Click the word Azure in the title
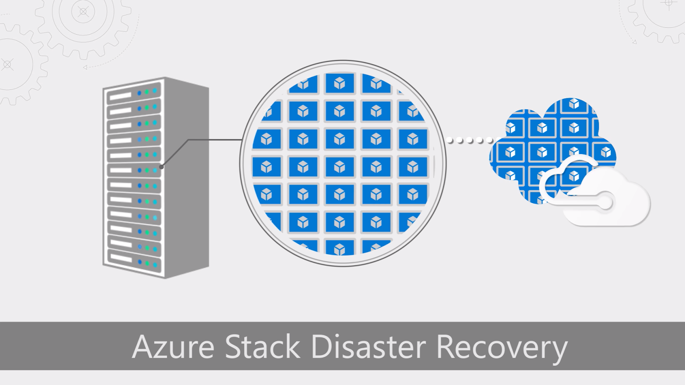(173, 346)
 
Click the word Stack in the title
(262, 346)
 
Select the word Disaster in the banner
(368, 346)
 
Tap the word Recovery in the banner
(502, 347)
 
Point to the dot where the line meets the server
(161, 167)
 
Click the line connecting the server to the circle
(214, 139)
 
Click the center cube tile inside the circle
(340, 167)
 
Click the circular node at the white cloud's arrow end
(605, 203)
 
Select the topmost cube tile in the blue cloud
(574, 104)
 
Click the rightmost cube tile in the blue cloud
(605, 151)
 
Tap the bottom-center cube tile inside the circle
(340, 248)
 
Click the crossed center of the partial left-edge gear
(7, 65)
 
